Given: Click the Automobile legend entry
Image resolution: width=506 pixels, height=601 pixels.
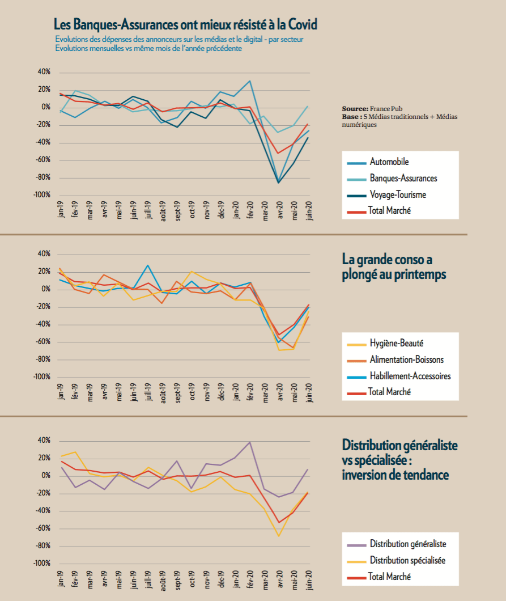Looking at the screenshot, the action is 378,162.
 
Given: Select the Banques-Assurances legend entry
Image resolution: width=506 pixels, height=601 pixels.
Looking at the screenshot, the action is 392,179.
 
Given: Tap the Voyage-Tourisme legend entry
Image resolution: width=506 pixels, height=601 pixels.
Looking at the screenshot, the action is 386,194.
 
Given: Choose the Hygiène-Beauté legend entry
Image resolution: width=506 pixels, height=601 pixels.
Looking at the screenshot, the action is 385,344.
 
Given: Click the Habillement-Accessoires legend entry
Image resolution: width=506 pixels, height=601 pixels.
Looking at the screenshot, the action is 399,376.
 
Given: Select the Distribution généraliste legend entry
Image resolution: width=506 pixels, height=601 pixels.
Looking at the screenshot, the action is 397,544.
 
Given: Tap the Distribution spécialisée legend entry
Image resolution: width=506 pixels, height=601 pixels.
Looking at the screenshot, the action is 396,561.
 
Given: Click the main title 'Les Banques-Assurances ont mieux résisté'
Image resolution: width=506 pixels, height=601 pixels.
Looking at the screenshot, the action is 185,24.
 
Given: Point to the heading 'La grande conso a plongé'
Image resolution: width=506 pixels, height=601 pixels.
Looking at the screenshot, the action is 394,267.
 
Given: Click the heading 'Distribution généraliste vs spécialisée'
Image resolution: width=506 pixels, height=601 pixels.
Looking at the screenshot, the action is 400,460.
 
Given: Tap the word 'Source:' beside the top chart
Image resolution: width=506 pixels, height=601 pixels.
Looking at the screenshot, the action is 355,109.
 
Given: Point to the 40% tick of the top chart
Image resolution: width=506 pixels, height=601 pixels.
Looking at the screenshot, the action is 44,71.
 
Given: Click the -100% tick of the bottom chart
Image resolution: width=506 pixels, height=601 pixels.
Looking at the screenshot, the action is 42,564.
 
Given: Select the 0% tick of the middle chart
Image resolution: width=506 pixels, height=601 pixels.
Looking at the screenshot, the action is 46,289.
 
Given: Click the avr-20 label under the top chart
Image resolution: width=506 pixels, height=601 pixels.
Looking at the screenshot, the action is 279,210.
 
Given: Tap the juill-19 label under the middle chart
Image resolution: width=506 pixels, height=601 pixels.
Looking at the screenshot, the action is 148,392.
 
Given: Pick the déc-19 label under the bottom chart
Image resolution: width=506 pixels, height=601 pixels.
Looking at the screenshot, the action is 221,579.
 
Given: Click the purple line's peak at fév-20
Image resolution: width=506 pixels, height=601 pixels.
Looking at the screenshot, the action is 250,442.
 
